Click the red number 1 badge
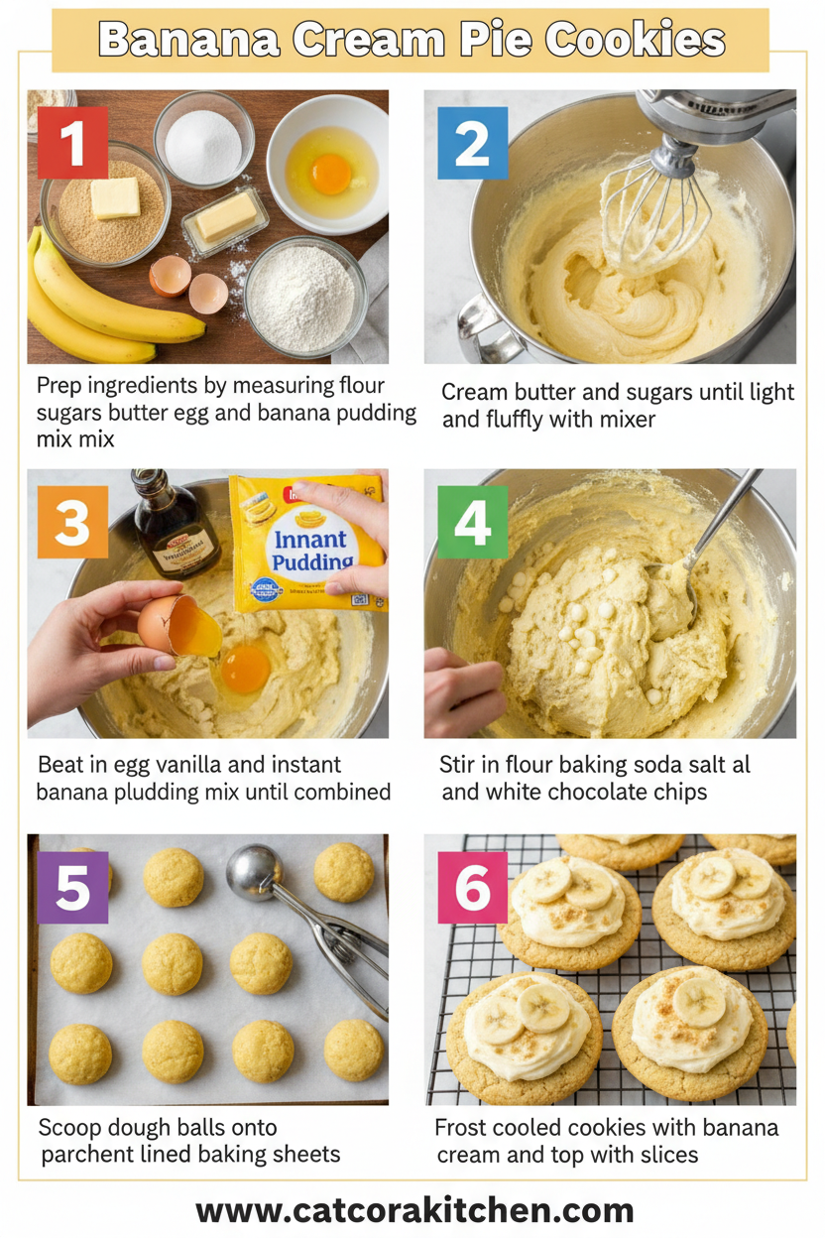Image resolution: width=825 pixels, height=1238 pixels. [x=72, y=143]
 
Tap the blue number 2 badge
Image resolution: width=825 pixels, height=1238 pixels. [x=472, y=143]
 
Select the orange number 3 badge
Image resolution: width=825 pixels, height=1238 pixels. [x=72, y=522]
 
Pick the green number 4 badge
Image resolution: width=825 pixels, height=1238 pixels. [x=472, y=522]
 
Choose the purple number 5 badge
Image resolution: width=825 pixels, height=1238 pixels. [x=72, y=888]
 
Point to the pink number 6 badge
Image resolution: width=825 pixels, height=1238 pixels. [x=472, y=888]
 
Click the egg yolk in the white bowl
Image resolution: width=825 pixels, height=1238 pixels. [x=330, y=175]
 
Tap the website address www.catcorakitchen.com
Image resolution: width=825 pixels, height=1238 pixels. [x=414, y=1210]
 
